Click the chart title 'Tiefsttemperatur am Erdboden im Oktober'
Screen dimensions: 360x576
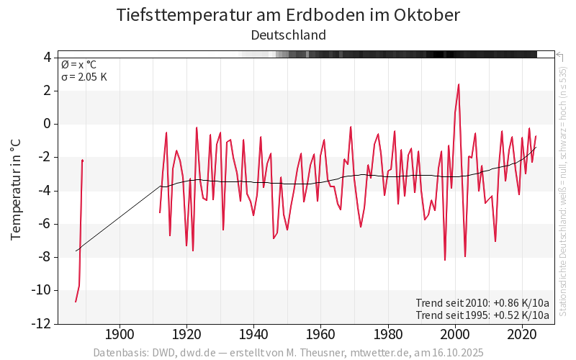(x=288, y=15)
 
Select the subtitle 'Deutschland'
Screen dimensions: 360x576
(x=288, y=35)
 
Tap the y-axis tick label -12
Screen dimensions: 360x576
(x=41, y=323)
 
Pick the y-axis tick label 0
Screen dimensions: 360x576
(x=47, y=124)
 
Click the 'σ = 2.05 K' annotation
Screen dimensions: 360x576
(x=84, y=76)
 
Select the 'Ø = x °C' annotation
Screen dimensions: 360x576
(x=78, y=64)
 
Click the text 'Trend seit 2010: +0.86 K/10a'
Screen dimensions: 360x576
(x=482, y=302)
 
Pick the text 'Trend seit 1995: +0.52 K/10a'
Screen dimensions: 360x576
(x=482, y=315)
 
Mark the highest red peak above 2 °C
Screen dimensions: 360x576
(x=459, y=84)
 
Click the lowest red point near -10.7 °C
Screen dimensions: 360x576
(x=76, y=302)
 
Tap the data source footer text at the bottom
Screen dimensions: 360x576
(x=288, y=353)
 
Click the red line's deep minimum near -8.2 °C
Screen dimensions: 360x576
(x=445, y=260)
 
